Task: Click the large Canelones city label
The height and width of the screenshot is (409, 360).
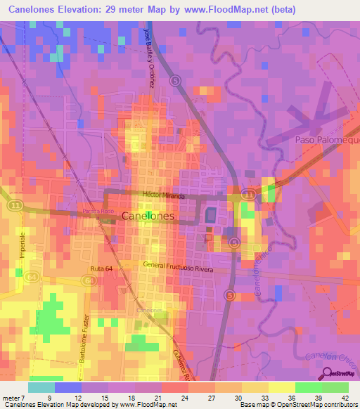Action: (147, 217)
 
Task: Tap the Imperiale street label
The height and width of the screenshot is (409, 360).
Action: (22, 245)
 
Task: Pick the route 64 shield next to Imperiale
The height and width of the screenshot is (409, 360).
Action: (31, 278)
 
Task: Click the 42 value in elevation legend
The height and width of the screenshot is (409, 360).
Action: (344, 398)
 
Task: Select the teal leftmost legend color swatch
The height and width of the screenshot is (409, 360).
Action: (41, 387)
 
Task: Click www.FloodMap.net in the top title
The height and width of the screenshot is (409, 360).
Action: (224, 10)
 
